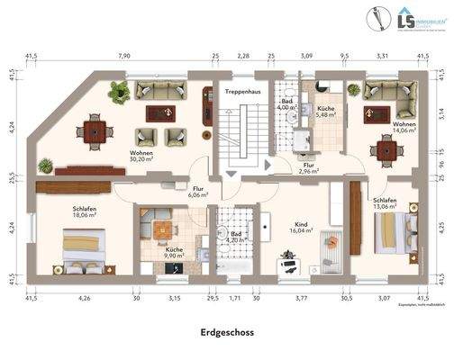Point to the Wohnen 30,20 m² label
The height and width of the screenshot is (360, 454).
140,157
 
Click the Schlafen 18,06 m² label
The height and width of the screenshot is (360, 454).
85,211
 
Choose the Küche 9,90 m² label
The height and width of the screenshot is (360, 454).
174,251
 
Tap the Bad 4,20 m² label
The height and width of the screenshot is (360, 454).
238,237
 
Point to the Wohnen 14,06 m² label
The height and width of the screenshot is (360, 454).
403,126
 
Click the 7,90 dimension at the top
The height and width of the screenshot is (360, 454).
124,56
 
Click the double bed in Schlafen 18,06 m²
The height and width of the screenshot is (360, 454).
86,252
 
